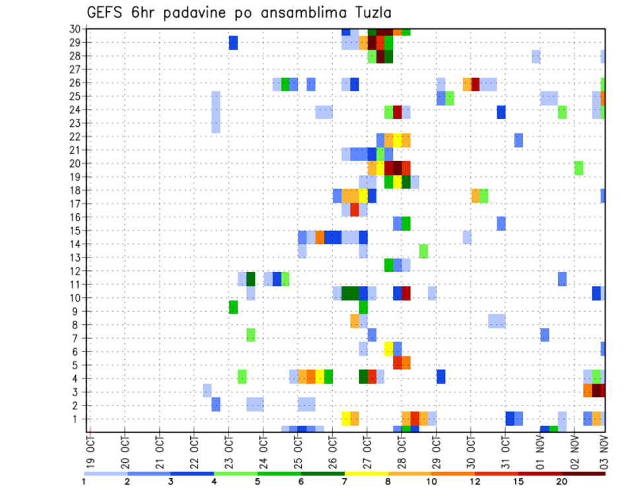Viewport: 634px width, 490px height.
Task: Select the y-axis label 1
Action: pyautogui.click(x=77, y=419)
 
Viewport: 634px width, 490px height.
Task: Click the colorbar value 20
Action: pyautogui.click(x=562, y=481)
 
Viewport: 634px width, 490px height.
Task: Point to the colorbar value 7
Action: pyautogui.click(x=345, y=481)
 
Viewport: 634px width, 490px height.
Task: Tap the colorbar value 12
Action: pyautogui.click(x=475, y=481)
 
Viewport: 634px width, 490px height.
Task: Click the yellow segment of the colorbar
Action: pyautogui.click(x=366, y=473)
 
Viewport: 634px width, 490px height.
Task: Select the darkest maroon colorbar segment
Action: pyautogui.click(x=584, y=473)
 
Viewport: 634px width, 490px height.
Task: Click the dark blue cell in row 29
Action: pyautogui.click(x=233, y=43)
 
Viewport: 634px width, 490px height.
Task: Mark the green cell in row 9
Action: pyautogui.click(x=233, y=307)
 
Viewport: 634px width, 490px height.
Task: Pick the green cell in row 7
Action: pyautogui.click(x=251, y=335)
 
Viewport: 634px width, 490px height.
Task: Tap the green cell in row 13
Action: pyautogui.click(x=423, y=251)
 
